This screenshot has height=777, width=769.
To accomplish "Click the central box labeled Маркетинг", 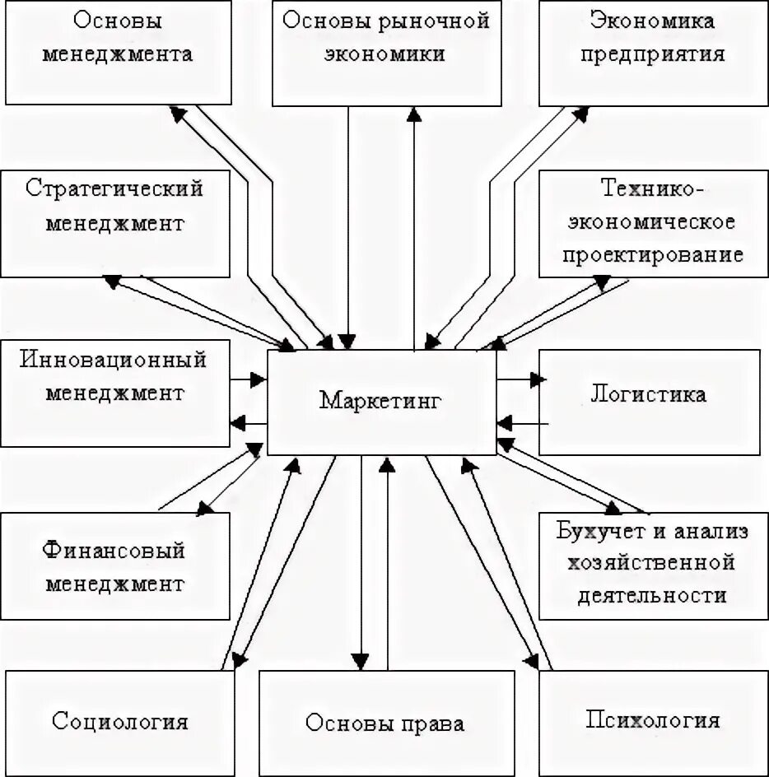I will point(381,402).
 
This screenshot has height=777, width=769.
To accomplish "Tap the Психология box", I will point(653,722).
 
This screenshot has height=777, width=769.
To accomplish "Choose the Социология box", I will point(120,722).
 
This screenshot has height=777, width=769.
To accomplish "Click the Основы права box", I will point(385,723).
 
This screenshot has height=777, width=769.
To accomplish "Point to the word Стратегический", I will point(114,188).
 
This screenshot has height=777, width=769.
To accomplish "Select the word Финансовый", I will point(114,551).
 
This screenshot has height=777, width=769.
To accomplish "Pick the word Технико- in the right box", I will point(653,188).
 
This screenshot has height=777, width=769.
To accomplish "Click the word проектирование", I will point(653,254).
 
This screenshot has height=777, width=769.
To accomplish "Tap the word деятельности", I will point(653,594).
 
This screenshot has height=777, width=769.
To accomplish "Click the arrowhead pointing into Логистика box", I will point(538,379).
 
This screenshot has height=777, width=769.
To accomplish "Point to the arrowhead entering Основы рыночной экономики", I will point(415,114).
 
